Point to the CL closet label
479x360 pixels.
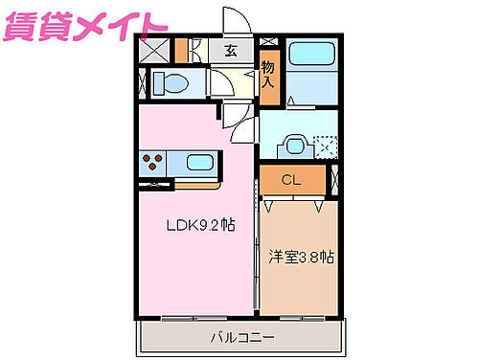(x=292, y=178)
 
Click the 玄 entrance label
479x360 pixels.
(x=231, y=53)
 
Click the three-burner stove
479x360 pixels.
(x=153, y=162)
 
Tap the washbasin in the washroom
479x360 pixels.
(x=294, y=146)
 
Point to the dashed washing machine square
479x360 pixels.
(x=326, y=146)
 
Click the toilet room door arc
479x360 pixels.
(x=221, y=83)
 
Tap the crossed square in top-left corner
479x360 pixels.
(x=151, y=52)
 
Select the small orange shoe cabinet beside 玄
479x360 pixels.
(x=182, y=52)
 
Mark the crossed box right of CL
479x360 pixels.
(x=334, y=178)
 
